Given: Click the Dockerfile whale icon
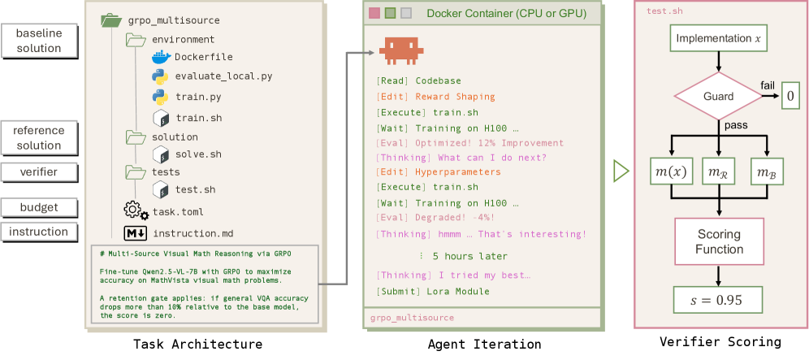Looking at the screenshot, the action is (161, 57).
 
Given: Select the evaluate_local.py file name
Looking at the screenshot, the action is (223, 76).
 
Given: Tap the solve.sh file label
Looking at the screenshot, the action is (199, 154).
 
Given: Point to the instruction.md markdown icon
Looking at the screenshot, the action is (135, 233).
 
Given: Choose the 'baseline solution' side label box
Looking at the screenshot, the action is (39, 41).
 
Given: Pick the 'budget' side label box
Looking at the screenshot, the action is (39, 207).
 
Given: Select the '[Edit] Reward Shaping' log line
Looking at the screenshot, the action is (436, 97).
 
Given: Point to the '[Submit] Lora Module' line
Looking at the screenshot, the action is (433, 291).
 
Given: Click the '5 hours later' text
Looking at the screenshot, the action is (469, 256).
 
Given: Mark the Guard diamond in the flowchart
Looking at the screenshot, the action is (718, 96).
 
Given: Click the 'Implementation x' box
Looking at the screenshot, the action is (718, 39).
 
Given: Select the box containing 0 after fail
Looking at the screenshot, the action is (790, 97).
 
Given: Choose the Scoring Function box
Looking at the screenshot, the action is (719, 241).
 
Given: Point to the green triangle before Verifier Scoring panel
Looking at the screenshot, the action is (621, 171).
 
